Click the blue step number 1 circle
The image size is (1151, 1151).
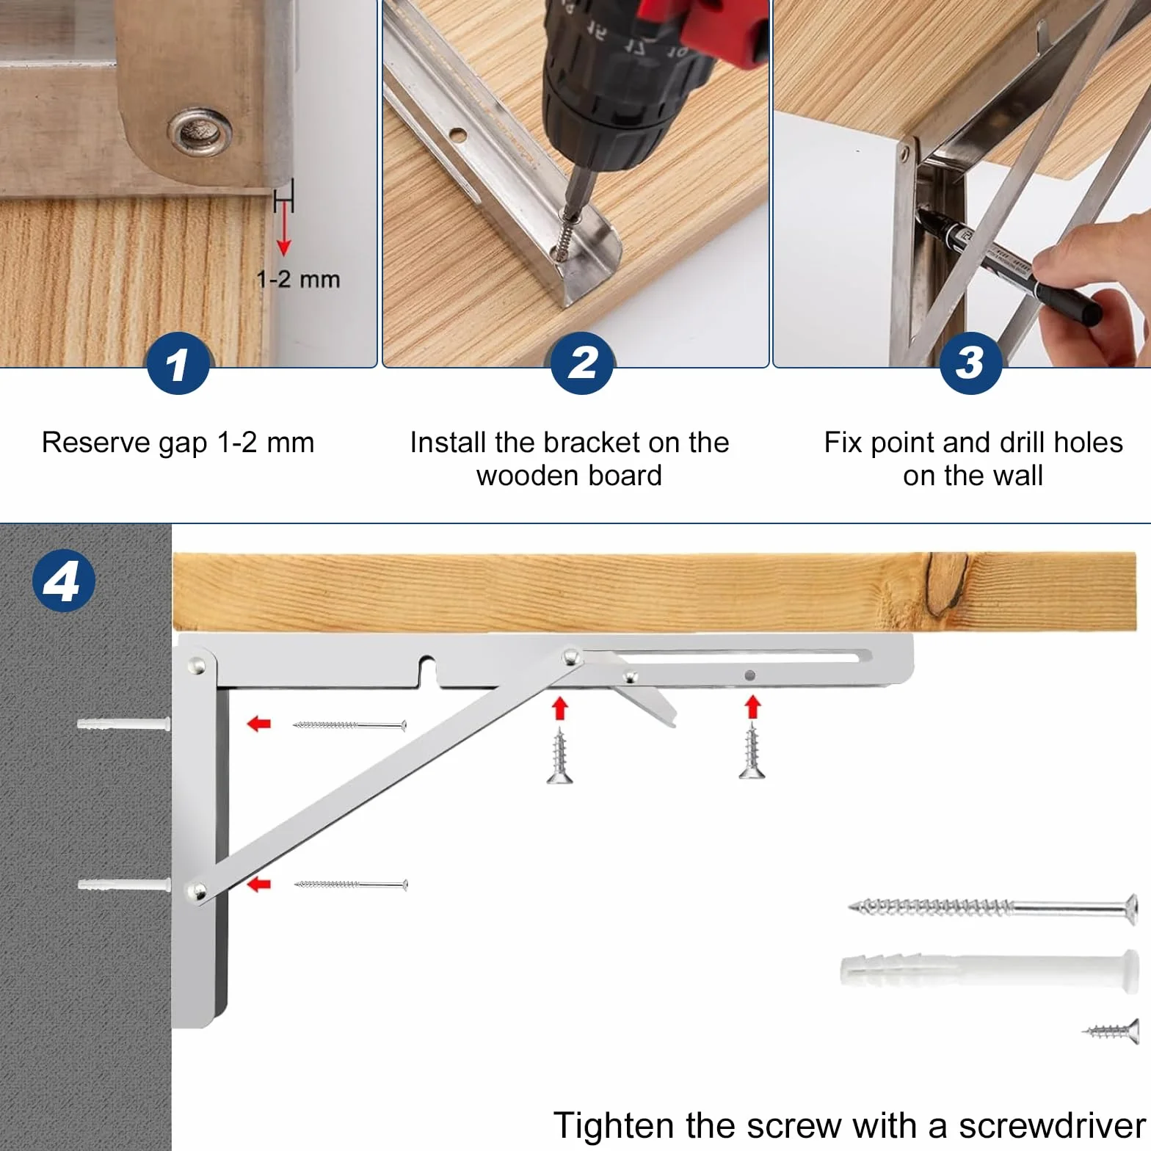click(178, 363)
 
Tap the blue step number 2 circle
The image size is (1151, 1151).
click(583, 363)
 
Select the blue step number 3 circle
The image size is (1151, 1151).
click(970, 363)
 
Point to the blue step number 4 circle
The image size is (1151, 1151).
click(64, 581)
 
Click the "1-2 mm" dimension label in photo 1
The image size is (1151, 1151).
click(298, 280)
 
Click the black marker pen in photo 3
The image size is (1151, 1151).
click(1009, 267)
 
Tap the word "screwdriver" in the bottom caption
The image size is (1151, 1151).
click(1052, 1125)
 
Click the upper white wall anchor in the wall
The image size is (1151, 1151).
click(124, 725)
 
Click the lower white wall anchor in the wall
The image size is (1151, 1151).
click(124, 885)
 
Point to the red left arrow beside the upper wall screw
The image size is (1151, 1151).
click(259, 725)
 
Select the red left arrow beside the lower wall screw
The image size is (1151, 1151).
click(259, 885)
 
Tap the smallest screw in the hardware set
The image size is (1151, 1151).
click(1111, 1031)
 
